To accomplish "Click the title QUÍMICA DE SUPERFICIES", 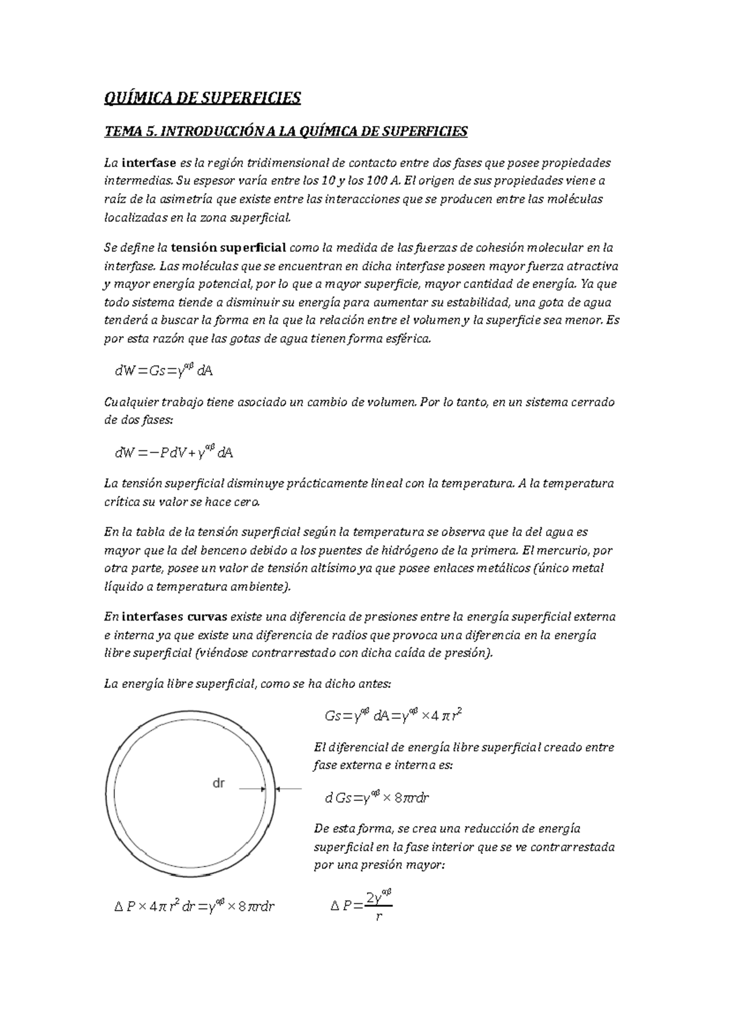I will pos(202,98).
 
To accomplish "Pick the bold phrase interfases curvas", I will pos(174,617).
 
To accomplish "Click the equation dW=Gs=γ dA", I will pos(163,370).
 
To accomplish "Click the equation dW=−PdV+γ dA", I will pos(174,452).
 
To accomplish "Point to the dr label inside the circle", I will pos(218,783).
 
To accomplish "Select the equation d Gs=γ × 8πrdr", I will pos(377,797).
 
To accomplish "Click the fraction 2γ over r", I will pos(378,906).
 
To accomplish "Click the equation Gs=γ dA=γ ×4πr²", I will pos(395,715).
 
